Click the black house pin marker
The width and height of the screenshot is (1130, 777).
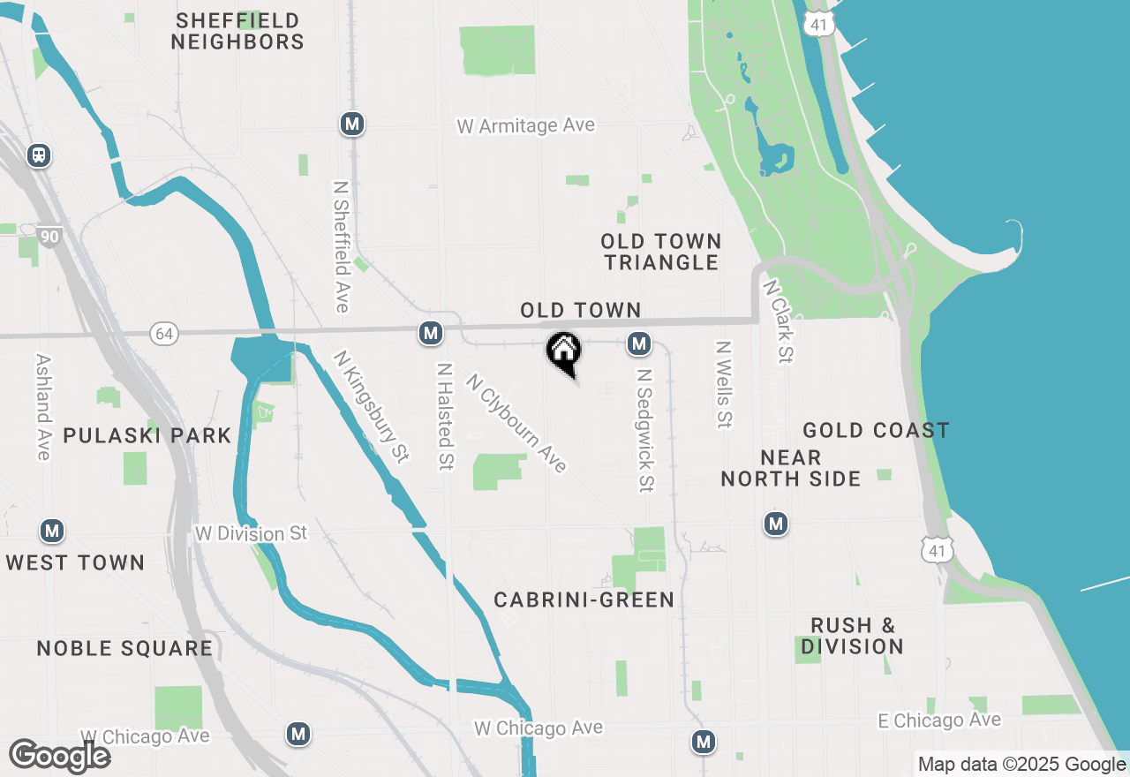pyautogui.click(x=563, y=351)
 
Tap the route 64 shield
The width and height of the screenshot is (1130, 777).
pyautogui.click(x=162, y=333)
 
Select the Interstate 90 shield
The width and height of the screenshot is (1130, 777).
pyautogui.click(x=50, y=237)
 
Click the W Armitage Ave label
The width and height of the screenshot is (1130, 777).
pyautogui.click(x=525, y=125)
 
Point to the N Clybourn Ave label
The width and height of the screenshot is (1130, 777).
pyautogui.click(x=516, y=423)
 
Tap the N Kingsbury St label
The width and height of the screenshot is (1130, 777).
pyautogui.click(x=372, y=406)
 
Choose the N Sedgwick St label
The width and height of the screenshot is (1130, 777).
pyautogui.click(x=646, y=430)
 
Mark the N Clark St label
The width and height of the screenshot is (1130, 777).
pyautogui.click(x=779, y=321)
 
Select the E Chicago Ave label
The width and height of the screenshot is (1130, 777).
pyautogui.click(x=939, y=720)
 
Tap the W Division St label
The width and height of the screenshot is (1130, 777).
pyautogui.click(x=251, y=533)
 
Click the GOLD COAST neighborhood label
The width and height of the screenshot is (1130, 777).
pyautogui.click(x=876, y=430)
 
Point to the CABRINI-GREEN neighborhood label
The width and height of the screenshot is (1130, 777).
pyautogui.click(x=584, y=600)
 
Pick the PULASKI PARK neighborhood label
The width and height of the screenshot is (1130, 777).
pyautogui.click(x=147, y=435)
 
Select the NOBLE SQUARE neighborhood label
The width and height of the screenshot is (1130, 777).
pyautogui.click(x=124, y=648)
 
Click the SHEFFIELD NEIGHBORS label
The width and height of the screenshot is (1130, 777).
pyautogui.click(x=237, y=31)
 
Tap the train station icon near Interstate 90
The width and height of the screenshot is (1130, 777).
pyautogui.click(x=38, y=155)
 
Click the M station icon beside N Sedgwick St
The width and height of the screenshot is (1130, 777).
pyautogui.click(x=639, y=343)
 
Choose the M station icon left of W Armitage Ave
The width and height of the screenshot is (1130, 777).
pyautogui.click(x=352, y=124)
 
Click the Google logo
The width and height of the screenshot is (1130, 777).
pyautogui.click(x=59, y=756)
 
